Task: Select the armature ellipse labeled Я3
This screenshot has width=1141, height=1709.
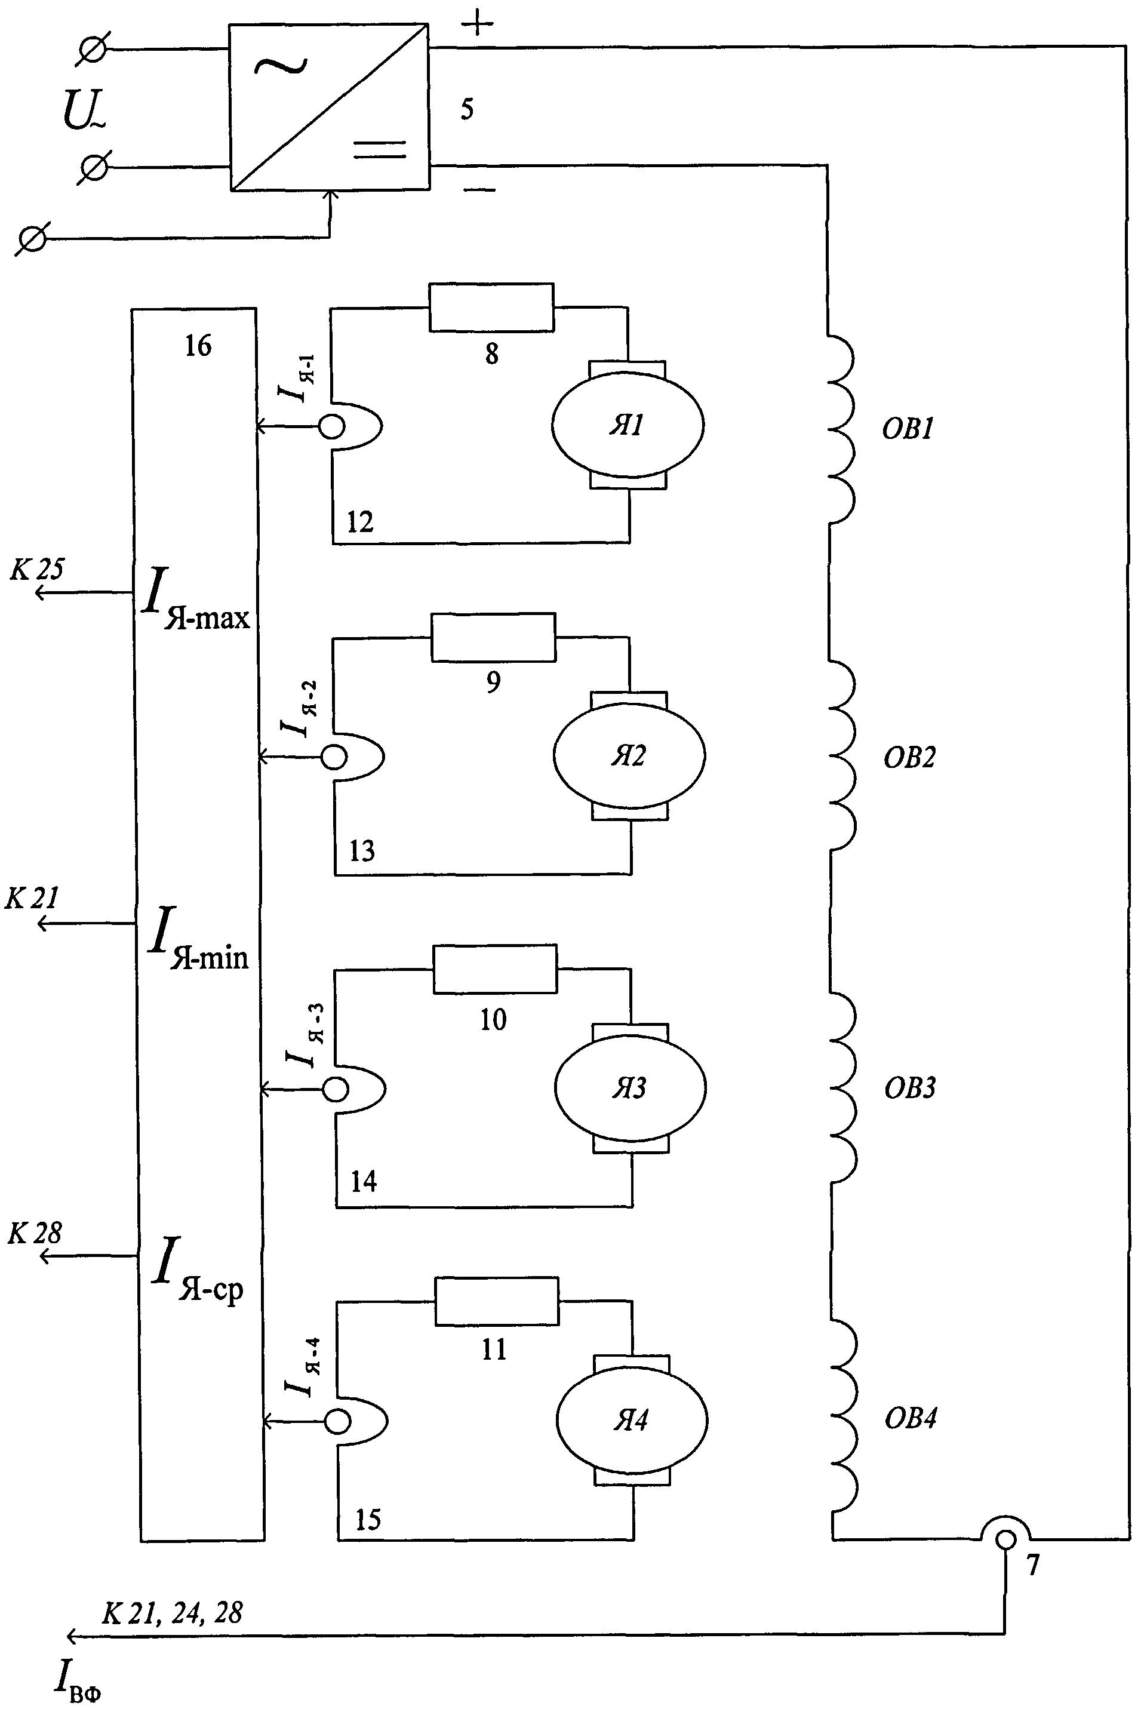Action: pos(630,1089)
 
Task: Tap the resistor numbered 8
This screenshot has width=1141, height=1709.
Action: pos(491,307)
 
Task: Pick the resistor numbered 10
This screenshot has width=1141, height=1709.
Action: pos(495,969)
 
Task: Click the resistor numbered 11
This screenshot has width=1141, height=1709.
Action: pos(497,1301)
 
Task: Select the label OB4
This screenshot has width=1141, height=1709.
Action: pos(911,1419)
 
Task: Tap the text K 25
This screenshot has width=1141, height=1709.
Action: pos(36,570)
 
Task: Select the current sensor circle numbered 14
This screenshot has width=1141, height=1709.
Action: pos(337,1089)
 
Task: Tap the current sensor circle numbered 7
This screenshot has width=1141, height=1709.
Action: pos(1005,1539)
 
